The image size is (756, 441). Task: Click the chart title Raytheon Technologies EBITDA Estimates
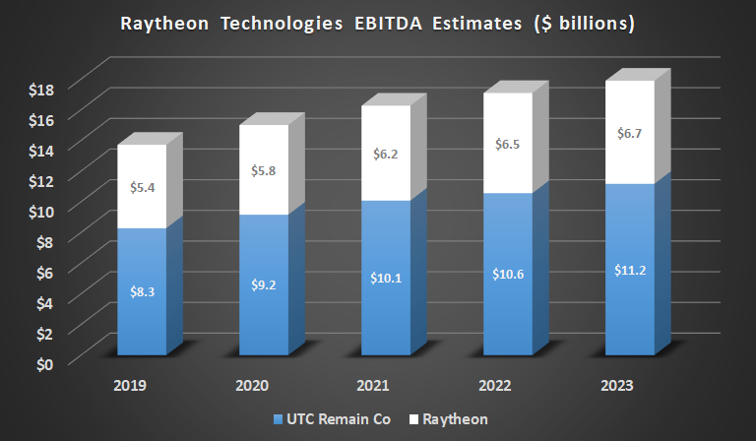377,23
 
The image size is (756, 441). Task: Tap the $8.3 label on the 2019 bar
143,291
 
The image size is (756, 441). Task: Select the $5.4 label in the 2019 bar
143,185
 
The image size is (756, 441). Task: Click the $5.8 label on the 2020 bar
264,169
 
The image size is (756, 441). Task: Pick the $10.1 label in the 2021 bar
386,279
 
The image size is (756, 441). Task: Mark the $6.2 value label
386,154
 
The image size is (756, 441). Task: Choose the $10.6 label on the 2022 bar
507,274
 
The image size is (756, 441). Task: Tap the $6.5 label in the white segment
507,144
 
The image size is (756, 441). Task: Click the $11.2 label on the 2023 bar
629,270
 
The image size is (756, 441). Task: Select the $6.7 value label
629,133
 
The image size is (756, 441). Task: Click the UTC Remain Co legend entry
329,419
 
